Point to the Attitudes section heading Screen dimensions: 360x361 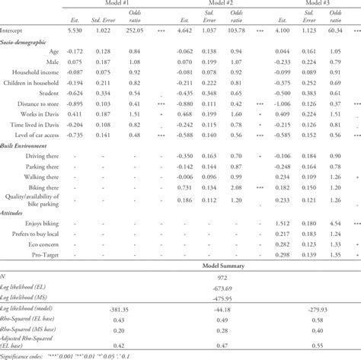pos(15,213)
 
